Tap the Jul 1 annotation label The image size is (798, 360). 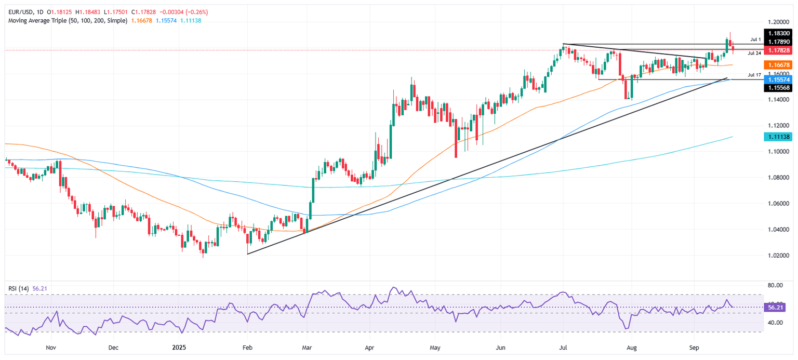(x=755, y=39)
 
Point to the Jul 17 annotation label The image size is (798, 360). (x=754, y=75)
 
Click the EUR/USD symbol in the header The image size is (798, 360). (x=16, y=11)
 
